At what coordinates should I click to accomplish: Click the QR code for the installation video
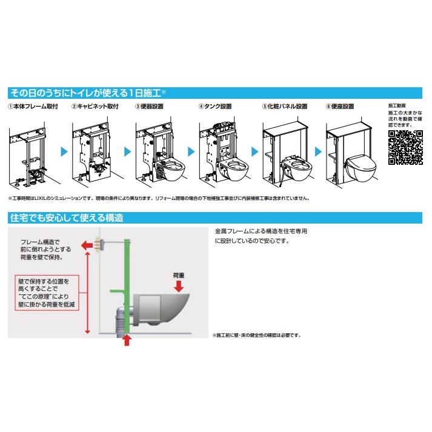(405, 147)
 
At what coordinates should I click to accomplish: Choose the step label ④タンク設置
(215, 106)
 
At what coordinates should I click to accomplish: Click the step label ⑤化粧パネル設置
(284, 106)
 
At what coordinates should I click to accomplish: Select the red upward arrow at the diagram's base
(127, 341)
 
